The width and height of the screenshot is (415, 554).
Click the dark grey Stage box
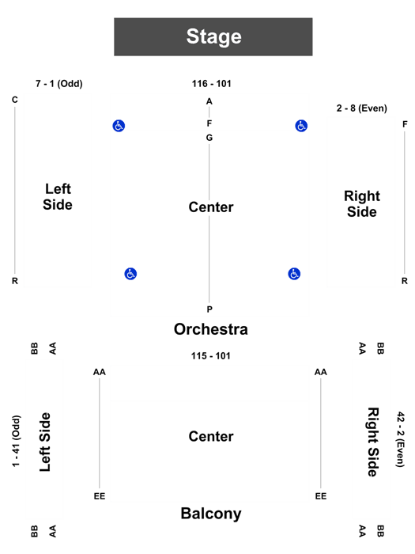213,36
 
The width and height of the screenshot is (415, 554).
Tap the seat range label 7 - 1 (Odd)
59,84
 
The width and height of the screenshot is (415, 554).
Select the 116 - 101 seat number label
211,84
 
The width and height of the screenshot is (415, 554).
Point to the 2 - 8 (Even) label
362,108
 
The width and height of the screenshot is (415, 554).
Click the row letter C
14,100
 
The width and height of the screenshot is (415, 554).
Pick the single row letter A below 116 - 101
209,101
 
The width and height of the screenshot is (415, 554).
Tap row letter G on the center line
209,138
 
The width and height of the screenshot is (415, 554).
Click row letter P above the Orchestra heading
209,309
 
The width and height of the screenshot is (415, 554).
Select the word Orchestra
211,329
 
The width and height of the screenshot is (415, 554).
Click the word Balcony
211,514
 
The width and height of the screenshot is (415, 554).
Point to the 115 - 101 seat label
211,356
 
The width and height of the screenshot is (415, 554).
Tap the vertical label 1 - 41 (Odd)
17,441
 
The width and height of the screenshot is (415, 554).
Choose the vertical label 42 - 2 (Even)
400,439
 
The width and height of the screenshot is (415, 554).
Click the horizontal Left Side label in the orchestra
58,197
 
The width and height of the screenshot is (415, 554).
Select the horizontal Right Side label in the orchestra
362,204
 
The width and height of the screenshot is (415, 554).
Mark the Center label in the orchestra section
211,207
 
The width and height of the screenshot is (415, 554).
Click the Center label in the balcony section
211,436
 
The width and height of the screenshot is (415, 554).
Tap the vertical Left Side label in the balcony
45,442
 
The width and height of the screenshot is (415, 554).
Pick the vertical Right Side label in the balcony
372,442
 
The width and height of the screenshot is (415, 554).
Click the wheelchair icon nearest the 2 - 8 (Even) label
301,125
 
